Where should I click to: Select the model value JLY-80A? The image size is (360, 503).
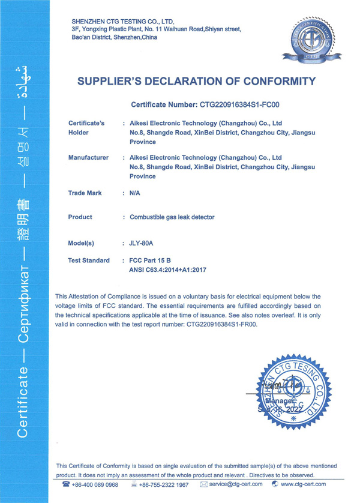[142, 244]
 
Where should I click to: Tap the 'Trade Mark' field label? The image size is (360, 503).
[85, 193]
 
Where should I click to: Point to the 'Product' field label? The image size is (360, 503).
[80, 217]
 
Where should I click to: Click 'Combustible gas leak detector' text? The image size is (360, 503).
[172, 217]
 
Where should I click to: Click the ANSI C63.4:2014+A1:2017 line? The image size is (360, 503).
[168, 270]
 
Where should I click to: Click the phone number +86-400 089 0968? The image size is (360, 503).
[95, 484]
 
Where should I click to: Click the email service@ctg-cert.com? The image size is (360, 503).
[236, 484]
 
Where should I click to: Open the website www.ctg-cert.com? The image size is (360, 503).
[303, 484]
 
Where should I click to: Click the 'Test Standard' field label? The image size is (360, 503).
[89, 261]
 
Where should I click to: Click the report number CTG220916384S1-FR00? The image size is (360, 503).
[222, 324]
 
